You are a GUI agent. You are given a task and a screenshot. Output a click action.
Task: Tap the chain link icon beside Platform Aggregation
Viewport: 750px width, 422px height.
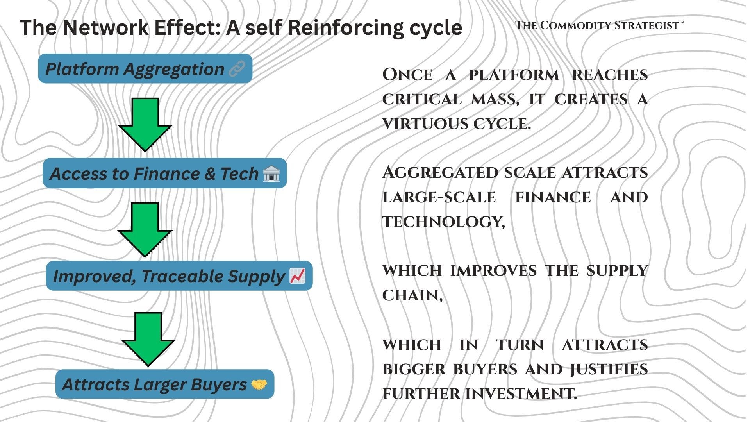tap(237, 69)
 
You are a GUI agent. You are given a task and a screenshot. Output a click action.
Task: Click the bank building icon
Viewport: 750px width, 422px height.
tap(271, 173)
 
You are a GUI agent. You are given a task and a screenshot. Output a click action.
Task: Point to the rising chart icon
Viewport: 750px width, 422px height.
tap(297, 276)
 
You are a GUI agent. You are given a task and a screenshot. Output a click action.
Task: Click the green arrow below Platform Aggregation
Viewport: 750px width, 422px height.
tap(145, 124)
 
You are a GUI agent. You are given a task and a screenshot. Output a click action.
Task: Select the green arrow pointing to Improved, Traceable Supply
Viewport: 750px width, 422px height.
tap(145, 229)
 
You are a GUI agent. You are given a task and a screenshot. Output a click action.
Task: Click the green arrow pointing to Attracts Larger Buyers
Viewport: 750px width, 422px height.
tap(148, 339)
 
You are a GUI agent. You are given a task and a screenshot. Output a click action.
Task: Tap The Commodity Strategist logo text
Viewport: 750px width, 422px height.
tap(599, 25)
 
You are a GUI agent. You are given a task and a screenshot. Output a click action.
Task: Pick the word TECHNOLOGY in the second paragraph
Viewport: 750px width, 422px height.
tap(443, 222)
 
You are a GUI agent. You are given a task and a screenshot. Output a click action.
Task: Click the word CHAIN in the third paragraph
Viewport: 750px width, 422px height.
tap(412, 295)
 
